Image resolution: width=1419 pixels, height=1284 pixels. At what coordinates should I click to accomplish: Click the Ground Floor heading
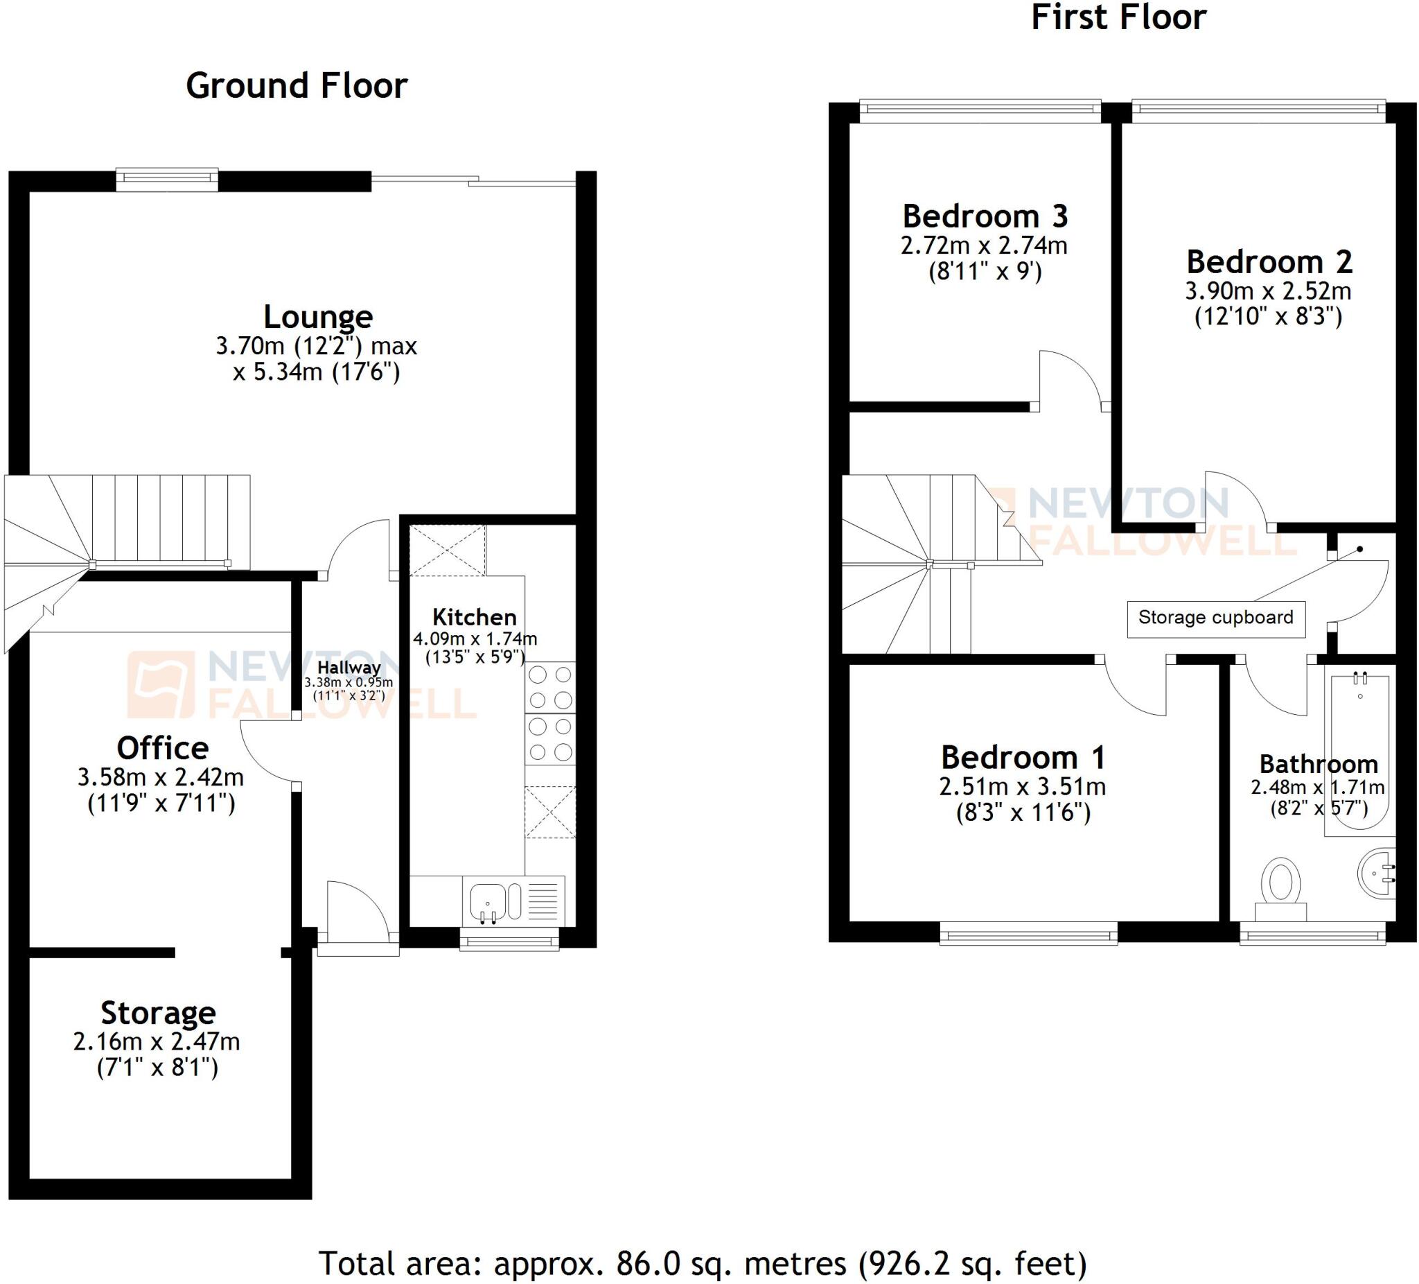[297, 86]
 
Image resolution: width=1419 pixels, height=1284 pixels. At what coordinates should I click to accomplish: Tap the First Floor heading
[1118, 17]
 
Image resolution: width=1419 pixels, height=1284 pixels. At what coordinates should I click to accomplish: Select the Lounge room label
[317, 316]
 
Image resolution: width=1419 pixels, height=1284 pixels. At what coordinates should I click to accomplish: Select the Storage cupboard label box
[1215, 618]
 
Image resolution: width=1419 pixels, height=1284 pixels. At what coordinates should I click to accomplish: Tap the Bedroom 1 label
[1023, 758]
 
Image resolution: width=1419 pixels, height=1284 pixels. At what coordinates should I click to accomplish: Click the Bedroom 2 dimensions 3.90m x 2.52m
[1268, 291]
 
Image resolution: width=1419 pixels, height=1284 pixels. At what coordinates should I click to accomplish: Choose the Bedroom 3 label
[985, 216]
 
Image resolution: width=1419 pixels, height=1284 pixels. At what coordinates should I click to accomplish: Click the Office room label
[163, 748]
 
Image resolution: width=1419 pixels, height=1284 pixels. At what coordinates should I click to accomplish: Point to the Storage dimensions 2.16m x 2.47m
[157, 1042]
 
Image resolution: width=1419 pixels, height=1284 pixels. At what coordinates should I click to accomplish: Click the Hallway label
[349, 667]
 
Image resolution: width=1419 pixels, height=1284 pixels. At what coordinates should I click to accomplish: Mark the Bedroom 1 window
[1028, 936]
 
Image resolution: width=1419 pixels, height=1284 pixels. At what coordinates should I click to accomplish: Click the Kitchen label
[474, 617]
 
